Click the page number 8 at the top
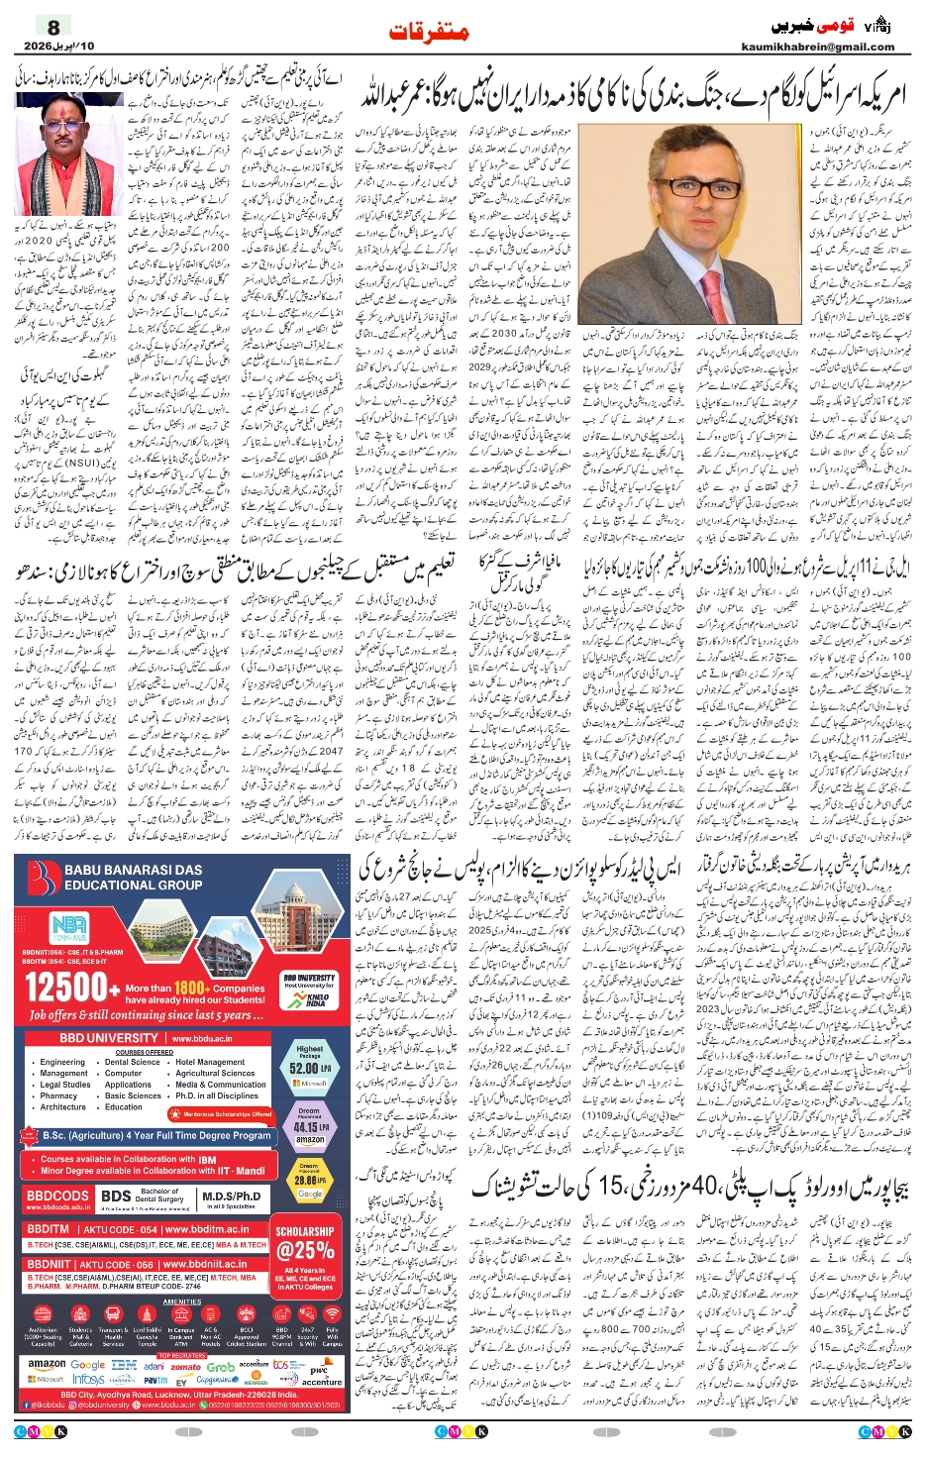click(x=54, y=28)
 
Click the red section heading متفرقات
click(x=429, y=32)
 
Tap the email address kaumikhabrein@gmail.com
click(x=817, y=47)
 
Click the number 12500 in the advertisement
click(x=66, y=987)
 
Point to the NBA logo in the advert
click(x=69, y=925)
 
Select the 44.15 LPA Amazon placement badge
click(x=309, y=1127)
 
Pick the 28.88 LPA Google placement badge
click(x=309, y=1181)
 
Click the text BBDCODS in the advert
click(x=57, y=1197)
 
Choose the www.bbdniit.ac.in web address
click(x=206, y=1264)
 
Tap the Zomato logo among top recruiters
click(x=186, y=1366)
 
